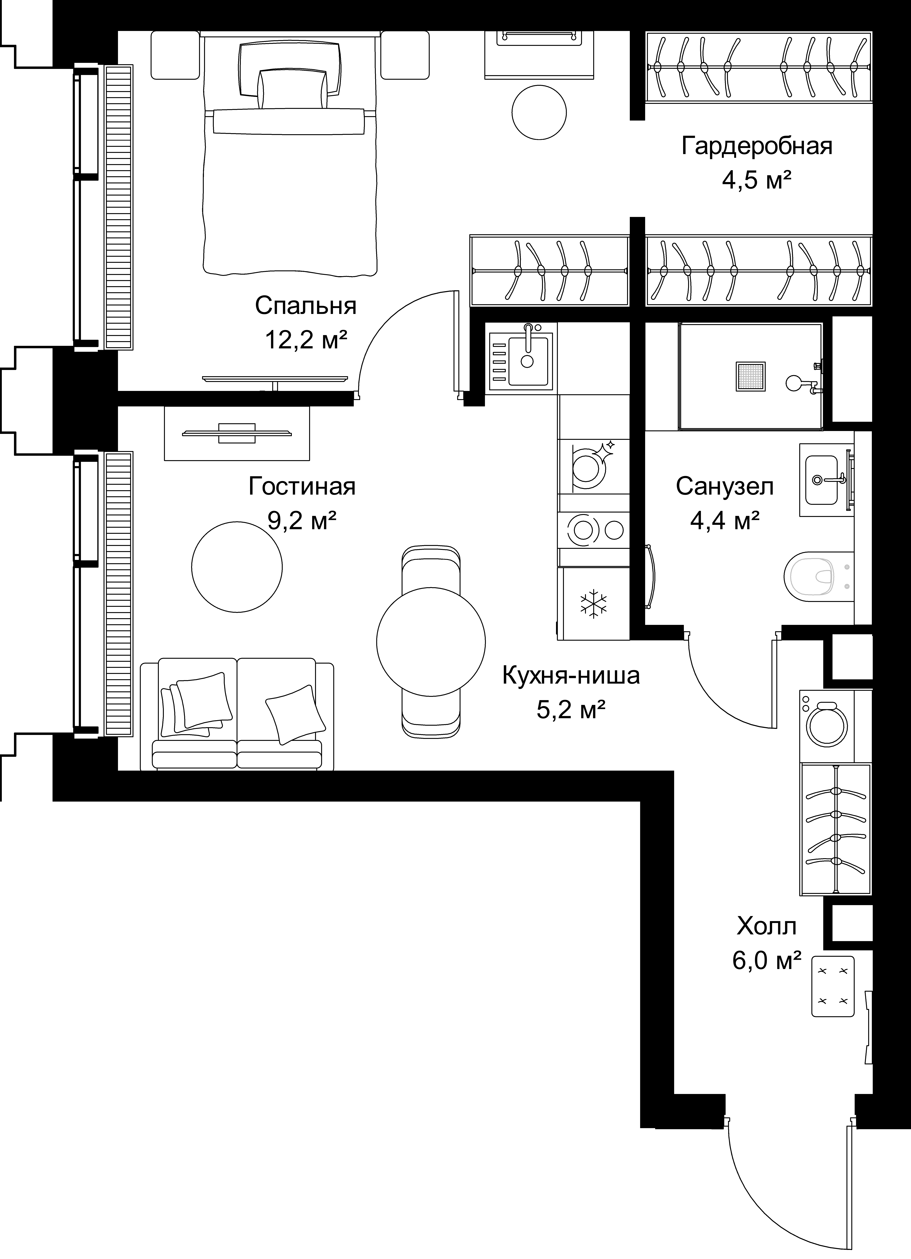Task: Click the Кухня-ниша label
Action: [x=571, y=676]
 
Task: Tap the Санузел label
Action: [x=724, y=487]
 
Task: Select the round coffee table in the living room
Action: [x=237, y=567]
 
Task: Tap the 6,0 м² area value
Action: [x=767, y=960]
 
